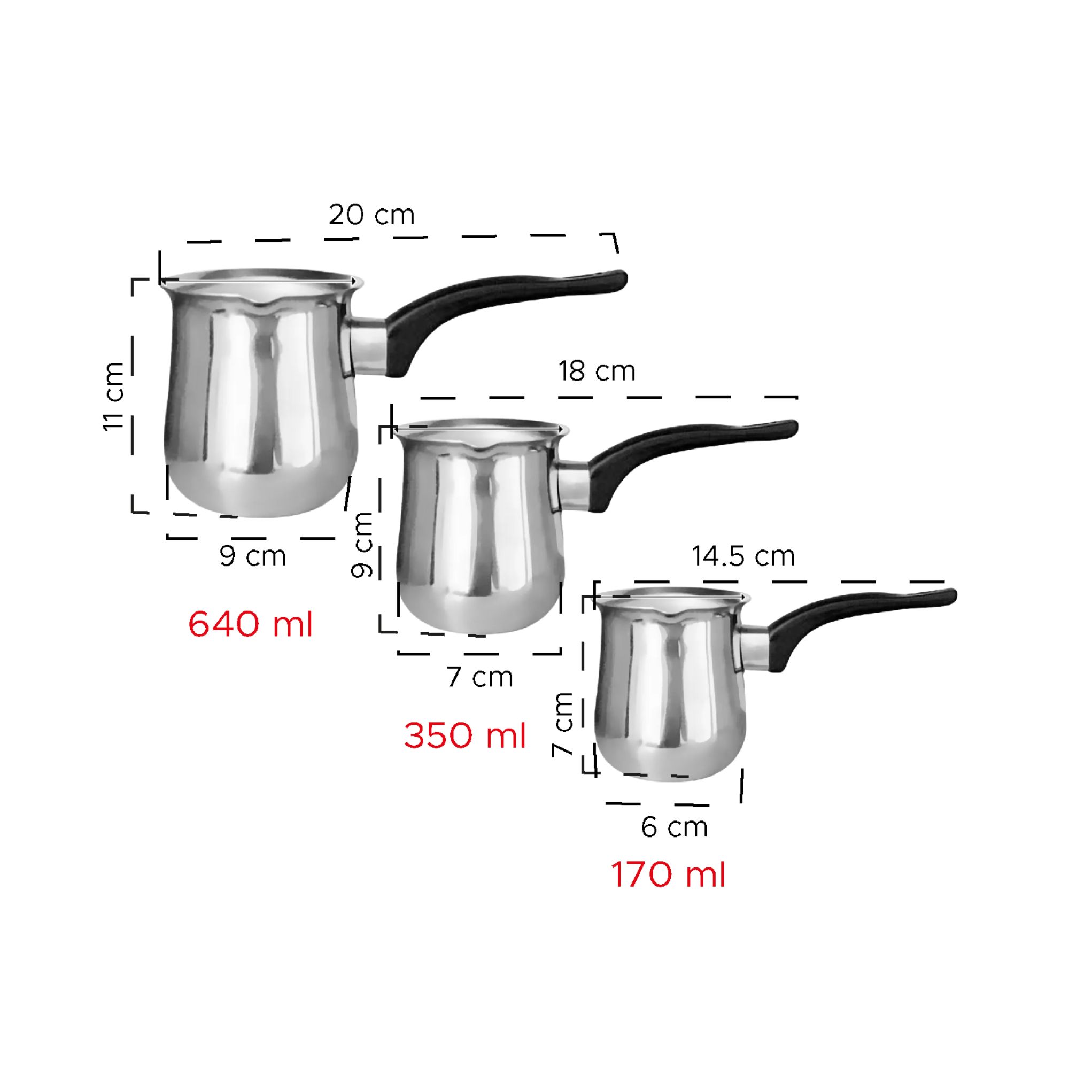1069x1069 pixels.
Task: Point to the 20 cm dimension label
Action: [371, 215]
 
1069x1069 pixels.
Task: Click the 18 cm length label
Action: [597, 371]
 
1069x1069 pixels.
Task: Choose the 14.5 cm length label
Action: [743, 555]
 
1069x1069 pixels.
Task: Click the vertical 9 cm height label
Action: [363, 545]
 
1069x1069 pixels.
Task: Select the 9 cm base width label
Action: [253, 556]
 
